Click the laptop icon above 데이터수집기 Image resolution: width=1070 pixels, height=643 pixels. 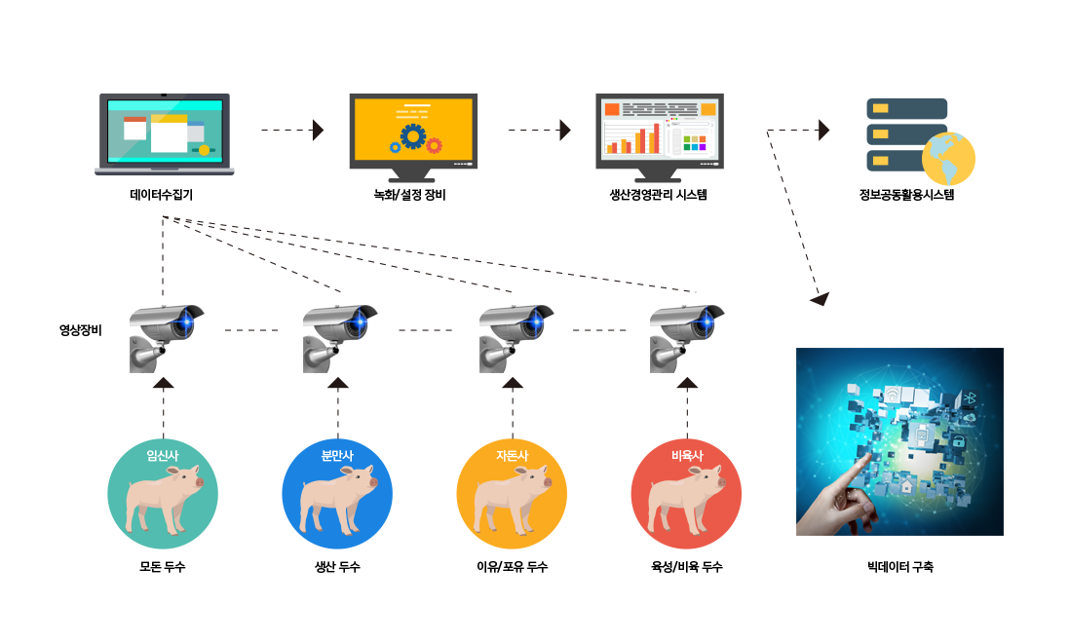point(164,134)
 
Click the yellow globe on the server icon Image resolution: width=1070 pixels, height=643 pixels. point(948,159)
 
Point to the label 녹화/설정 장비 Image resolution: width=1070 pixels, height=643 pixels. point(409,195)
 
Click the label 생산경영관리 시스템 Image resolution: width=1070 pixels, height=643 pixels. point(659,195)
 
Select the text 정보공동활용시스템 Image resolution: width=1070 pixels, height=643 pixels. point(907,195)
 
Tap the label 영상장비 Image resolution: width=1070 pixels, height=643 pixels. point(81,330)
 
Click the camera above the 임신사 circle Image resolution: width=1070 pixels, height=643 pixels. point(166,338)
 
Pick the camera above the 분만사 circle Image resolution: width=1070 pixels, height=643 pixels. point(340,338)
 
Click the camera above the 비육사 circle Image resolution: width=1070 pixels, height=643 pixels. point(686,338)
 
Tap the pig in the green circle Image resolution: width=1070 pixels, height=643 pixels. point(164,500)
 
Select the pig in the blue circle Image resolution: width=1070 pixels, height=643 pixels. point(338,500)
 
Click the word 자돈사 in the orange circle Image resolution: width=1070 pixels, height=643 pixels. point(512,456)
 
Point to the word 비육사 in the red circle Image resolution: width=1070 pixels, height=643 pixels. point(687,456)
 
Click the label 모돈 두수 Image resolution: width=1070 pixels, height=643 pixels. point(163,567)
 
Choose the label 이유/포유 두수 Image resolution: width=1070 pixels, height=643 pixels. point(512,567)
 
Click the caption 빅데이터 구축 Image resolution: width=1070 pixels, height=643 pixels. point(900,567)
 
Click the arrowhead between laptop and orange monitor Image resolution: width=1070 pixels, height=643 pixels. point(318,130)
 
